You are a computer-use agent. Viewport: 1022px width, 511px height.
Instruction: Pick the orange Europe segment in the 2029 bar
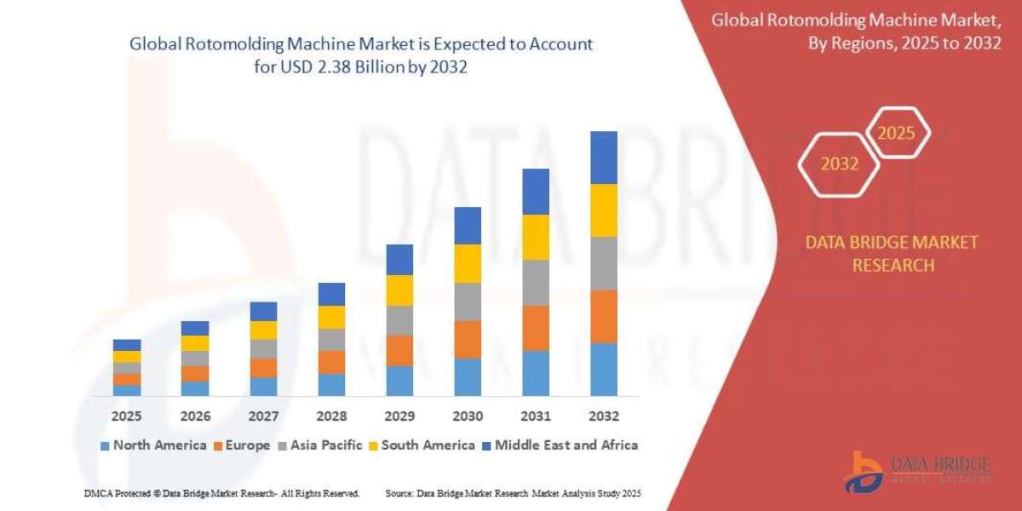pos(399,350)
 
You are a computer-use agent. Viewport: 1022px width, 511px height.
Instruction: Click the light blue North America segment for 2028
pos(331,384)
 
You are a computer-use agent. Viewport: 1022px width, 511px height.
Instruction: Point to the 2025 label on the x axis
pos(126,416)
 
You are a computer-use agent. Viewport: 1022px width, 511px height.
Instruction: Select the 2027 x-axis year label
pos(263,416)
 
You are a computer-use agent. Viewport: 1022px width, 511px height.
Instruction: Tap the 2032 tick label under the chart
pos(603,416)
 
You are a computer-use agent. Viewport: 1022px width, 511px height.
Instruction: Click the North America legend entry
pos(153,445)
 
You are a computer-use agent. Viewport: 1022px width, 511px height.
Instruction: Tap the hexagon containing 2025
pos(896,133)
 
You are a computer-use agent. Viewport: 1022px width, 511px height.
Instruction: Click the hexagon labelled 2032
pos(839,164)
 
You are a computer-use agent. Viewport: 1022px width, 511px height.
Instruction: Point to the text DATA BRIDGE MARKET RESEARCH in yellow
pos(892,254)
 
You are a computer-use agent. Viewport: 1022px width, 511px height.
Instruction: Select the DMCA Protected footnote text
pos(221,493)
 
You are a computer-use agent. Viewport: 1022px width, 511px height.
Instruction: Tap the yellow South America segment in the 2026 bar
pos(195,343)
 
